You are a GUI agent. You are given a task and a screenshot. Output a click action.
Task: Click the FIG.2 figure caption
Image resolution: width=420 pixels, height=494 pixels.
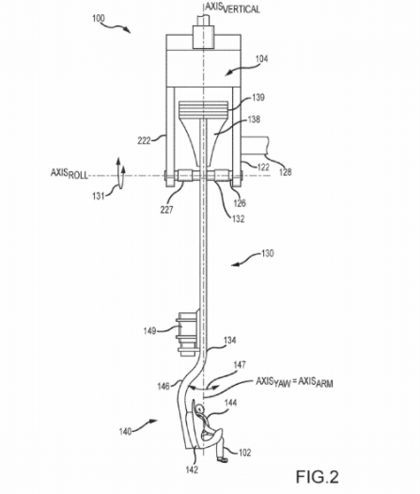click(318, 476)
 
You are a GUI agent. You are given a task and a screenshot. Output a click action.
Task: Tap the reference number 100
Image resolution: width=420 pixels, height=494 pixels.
click(98, 19)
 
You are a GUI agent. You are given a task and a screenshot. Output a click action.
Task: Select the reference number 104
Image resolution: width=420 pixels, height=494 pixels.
click(261, 59)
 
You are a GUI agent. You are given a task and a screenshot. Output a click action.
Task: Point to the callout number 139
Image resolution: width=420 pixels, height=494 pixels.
click(258, 97)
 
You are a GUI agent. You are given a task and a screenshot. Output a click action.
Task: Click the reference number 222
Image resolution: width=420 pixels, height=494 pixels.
click(144, 140)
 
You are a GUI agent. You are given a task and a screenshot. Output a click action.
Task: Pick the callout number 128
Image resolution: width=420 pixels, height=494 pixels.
click(286, 172)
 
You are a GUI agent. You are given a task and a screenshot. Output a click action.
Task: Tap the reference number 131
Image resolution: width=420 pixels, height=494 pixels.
click(98, 196)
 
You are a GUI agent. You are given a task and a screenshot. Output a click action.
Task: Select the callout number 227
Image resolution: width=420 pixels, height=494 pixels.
click(166, 210)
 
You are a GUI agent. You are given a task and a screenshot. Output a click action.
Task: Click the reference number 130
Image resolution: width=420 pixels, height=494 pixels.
click(268, 253)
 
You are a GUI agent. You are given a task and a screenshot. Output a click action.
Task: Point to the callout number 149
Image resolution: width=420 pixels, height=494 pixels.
click(149, 331)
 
